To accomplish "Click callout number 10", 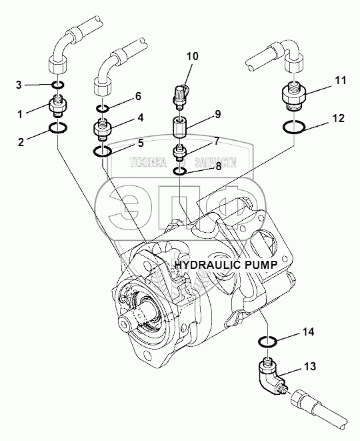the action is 192,56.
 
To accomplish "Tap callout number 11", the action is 340,81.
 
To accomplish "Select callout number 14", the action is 308,332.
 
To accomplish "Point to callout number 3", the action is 19,85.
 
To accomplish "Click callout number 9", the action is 218,114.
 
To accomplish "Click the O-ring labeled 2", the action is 57,128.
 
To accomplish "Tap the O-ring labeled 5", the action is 102,151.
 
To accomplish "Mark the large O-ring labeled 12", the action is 294,127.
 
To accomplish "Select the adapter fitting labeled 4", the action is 102,129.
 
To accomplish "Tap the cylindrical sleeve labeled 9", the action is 179,127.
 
